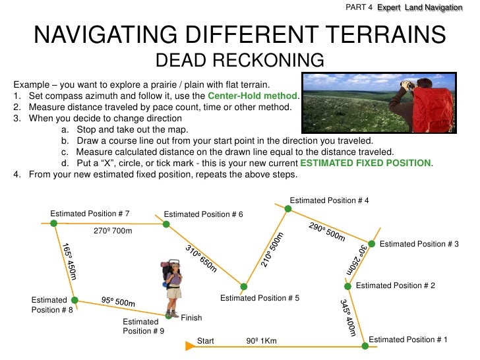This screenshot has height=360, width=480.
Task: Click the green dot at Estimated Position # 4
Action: [287, 209]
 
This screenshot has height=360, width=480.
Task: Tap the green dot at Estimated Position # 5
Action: [243, 287]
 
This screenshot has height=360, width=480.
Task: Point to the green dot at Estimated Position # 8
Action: [74, 300]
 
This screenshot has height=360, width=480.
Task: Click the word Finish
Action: [191, 318]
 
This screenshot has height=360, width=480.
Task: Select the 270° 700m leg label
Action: [114, 231]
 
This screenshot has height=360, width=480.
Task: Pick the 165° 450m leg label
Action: [69, 261]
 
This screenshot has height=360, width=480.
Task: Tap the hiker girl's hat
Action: [173, 264]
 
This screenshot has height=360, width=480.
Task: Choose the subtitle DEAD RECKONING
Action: [239, 61]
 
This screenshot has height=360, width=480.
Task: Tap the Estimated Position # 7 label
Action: [90, 214]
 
